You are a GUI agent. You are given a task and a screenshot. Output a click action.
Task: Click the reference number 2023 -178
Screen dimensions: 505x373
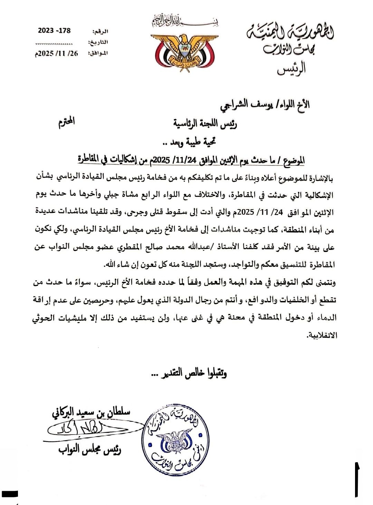(54, 30)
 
